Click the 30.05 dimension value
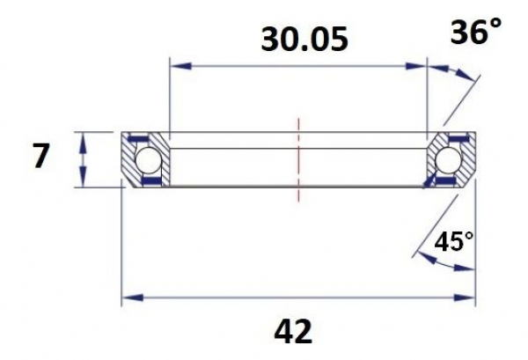304,40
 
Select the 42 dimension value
293,332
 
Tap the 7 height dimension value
41,155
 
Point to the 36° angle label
476,31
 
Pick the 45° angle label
453,241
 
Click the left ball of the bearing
148,160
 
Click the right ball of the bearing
448,160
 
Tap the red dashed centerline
298,160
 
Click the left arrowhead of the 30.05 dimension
181,65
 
